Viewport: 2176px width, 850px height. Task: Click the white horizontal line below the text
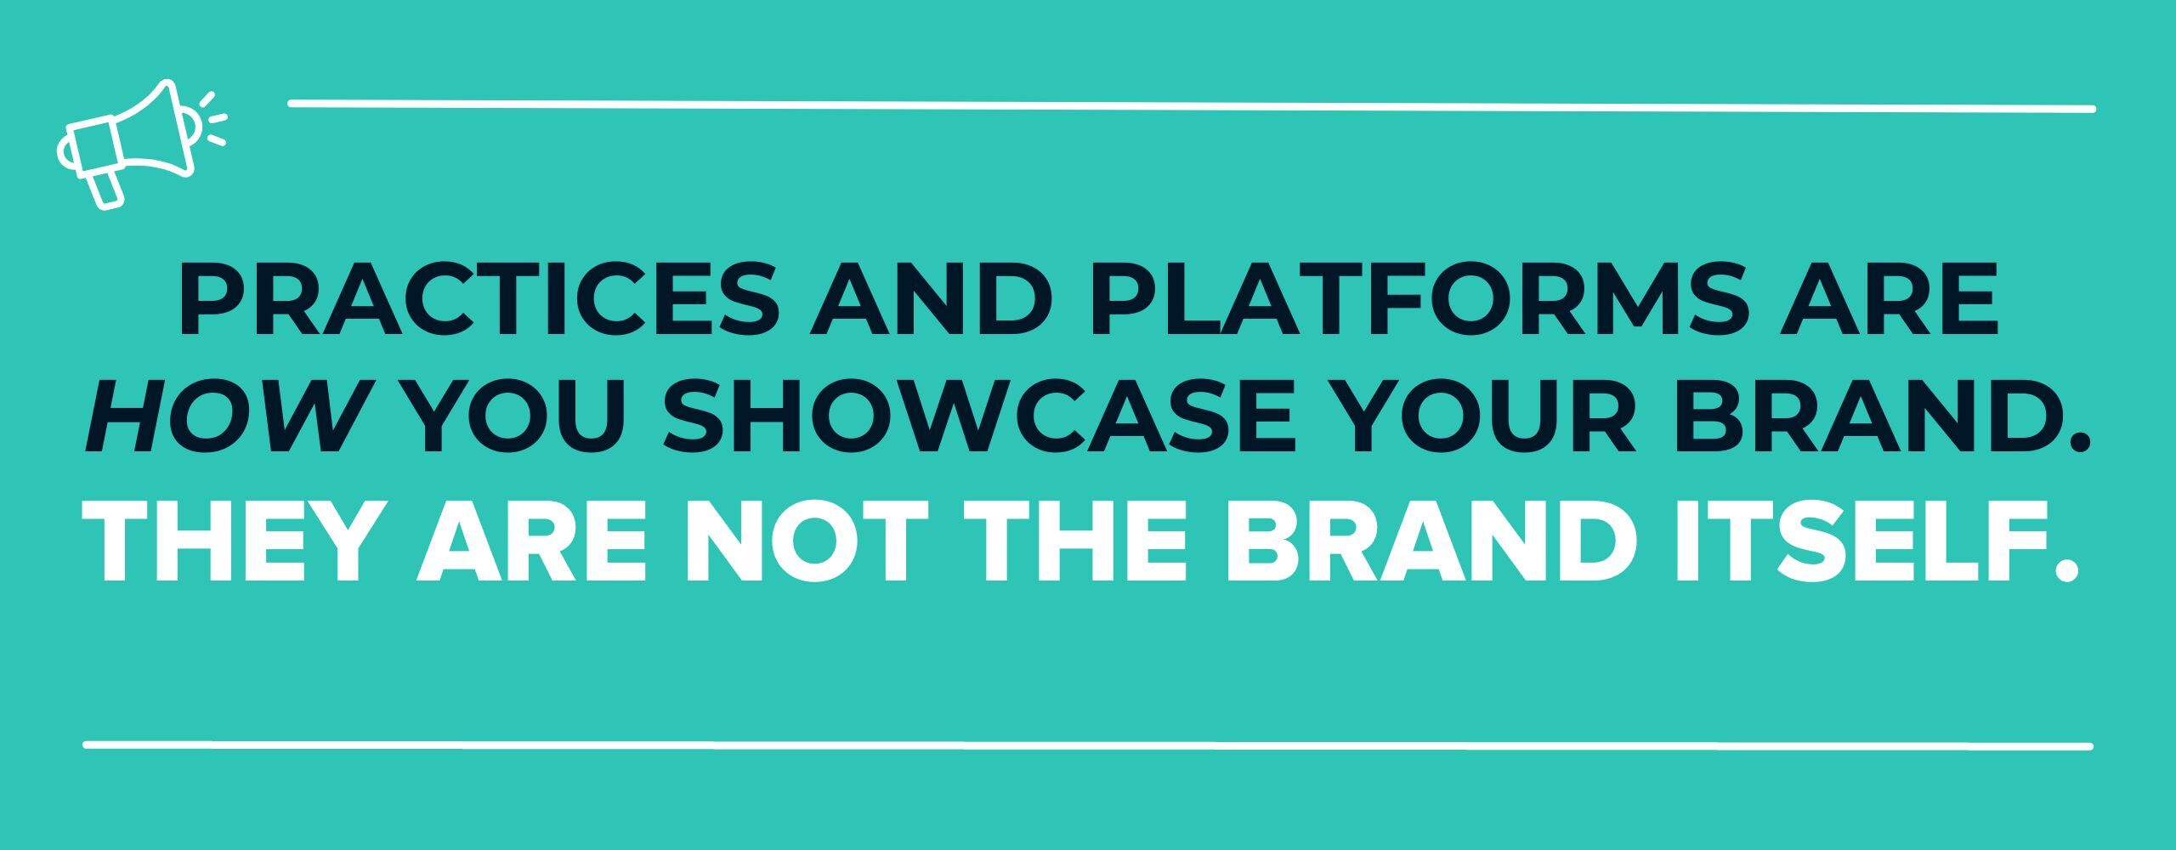point(1088,745)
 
